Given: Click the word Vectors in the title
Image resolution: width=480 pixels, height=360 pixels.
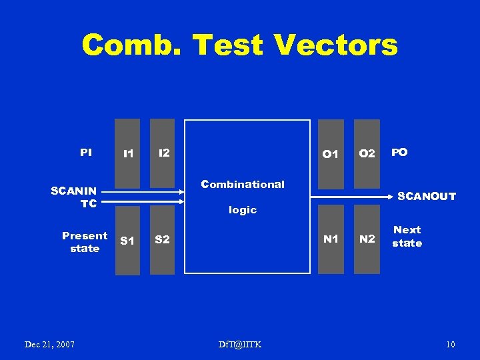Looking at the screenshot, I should tap(335, 45).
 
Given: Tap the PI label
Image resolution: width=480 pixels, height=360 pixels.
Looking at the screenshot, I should tap(86, 153).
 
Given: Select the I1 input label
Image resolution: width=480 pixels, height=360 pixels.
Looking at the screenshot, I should tap(128, 154).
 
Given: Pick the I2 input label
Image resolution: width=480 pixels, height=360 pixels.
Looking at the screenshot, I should tap(163, 153).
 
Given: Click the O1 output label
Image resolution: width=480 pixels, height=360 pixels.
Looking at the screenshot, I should tap(330, 154).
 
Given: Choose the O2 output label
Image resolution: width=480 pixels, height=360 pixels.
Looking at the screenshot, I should tap(367, 154).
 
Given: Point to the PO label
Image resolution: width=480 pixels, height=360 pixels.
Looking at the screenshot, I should tap(399, 153).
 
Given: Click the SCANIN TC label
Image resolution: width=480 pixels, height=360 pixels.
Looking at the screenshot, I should tap(74, 197).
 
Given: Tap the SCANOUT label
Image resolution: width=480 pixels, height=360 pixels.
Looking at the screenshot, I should tap(427, 197).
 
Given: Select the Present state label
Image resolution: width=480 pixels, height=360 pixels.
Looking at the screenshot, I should tap(85, 242).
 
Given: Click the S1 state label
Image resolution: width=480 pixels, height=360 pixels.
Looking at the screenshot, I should tap(127, 240).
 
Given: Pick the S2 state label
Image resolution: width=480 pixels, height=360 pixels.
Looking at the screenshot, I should tap(162, 239).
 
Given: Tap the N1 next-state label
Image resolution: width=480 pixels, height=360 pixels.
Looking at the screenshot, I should tap(331, 239).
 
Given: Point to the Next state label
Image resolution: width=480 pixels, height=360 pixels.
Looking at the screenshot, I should tap(407, 236).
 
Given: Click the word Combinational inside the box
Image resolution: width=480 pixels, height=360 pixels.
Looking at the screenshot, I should tap(243, 185).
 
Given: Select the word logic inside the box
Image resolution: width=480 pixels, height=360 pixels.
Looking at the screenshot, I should tap(243, 210).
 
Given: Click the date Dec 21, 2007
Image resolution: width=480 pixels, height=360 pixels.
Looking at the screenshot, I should tap(49, 344).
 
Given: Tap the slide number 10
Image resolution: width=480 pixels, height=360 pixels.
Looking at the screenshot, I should tap(451, 344).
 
